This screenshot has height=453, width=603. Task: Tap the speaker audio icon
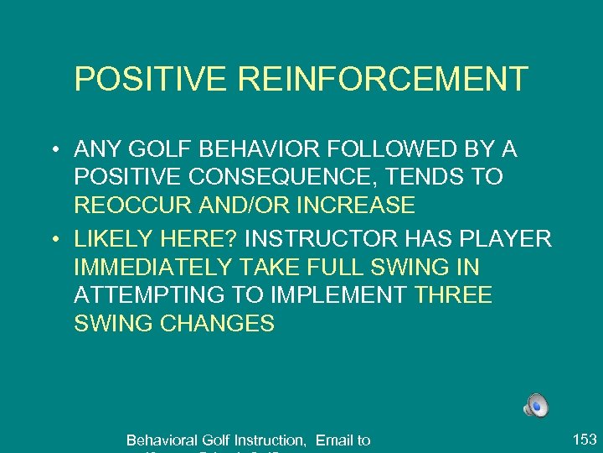536,405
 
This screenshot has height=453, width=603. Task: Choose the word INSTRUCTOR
326,239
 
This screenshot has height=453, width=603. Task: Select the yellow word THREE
454,295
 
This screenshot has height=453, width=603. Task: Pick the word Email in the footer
334,440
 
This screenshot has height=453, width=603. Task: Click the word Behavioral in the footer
164,440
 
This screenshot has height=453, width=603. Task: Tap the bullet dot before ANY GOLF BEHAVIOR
53,151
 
